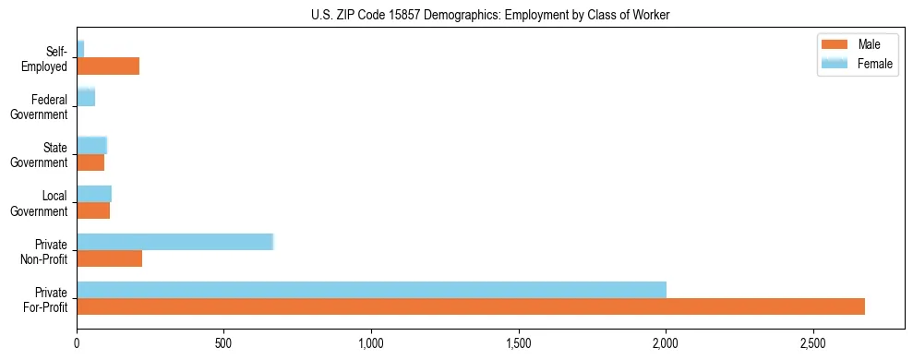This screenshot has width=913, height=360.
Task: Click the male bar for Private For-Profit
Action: point(471,306)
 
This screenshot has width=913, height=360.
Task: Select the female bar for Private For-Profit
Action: point(371,290)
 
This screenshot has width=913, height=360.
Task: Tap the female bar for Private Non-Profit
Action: point(174,242)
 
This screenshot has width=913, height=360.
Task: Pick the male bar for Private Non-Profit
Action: point(109,258)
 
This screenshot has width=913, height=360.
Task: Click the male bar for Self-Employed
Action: point(108,66)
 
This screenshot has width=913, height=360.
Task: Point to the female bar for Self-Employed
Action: point(80,49)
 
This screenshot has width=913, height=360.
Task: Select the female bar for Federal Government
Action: point(86,97)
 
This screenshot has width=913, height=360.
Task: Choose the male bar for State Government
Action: point(90,162)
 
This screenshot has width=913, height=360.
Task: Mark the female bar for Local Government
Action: point(94,194)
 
